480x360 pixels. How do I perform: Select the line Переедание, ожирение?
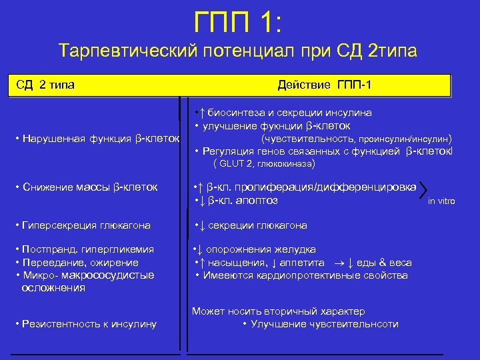click(x=79, y=262)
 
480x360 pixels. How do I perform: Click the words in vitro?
click(x=441, y=201)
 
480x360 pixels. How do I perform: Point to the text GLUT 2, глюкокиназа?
click(x=264, y=163)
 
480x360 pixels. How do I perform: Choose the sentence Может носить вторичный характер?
click(x=278, y=311)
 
